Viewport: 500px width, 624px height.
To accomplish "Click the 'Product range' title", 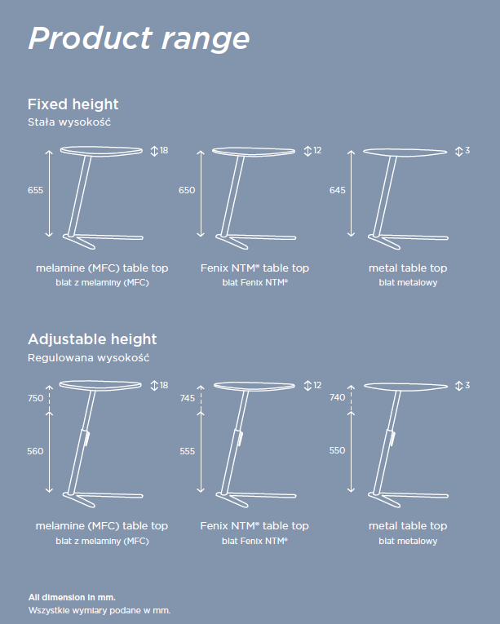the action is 139,39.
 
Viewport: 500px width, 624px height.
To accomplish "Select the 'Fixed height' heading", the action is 73,104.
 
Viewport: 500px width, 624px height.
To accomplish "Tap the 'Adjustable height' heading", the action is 92,339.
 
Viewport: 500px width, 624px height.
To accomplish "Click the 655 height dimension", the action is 35,190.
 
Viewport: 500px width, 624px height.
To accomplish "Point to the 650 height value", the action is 187,190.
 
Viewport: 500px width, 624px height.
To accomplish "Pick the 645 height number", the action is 338,190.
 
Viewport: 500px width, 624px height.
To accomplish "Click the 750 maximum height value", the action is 35,398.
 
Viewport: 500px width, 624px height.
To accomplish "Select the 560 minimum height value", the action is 35,451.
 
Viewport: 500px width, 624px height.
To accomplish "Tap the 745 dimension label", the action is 188,398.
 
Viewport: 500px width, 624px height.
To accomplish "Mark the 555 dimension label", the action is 188,451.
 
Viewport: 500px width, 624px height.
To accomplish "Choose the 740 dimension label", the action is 337,397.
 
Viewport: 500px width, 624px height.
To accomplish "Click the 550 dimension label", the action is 337,450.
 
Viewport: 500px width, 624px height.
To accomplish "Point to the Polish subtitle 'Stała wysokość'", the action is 69,122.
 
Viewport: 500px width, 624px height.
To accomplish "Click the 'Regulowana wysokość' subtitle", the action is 88,358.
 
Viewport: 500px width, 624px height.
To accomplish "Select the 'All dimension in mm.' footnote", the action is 72,597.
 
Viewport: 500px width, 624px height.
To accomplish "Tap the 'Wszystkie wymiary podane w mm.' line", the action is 100,610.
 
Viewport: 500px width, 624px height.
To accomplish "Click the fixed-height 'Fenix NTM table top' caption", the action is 254,268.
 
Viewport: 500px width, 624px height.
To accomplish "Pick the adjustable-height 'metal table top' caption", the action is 408,526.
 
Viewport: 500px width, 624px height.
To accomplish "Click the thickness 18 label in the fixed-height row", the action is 164,150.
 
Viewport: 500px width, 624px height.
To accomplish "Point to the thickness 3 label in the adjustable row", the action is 467,385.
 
